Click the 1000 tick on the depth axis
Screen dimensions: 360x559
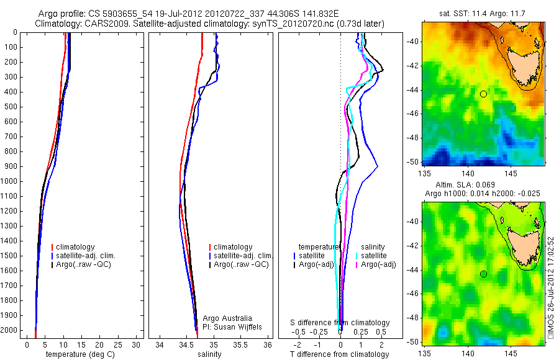[10, 181]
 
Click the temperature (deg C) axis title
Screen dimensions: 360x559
[78, 354]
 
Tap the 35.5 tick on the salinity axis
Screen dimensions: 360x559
[241, 344]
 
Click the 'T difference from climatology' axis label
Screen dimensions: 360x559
[339, 354]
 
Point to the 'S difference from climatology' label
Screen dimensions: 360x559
[340, 323]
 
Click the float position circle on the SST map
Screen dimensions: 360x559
[483, 94]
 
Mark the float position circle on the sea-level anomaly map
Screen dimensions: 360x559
[483, 274]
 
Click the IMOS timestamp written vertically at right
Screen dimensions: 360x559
[550, 286]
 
